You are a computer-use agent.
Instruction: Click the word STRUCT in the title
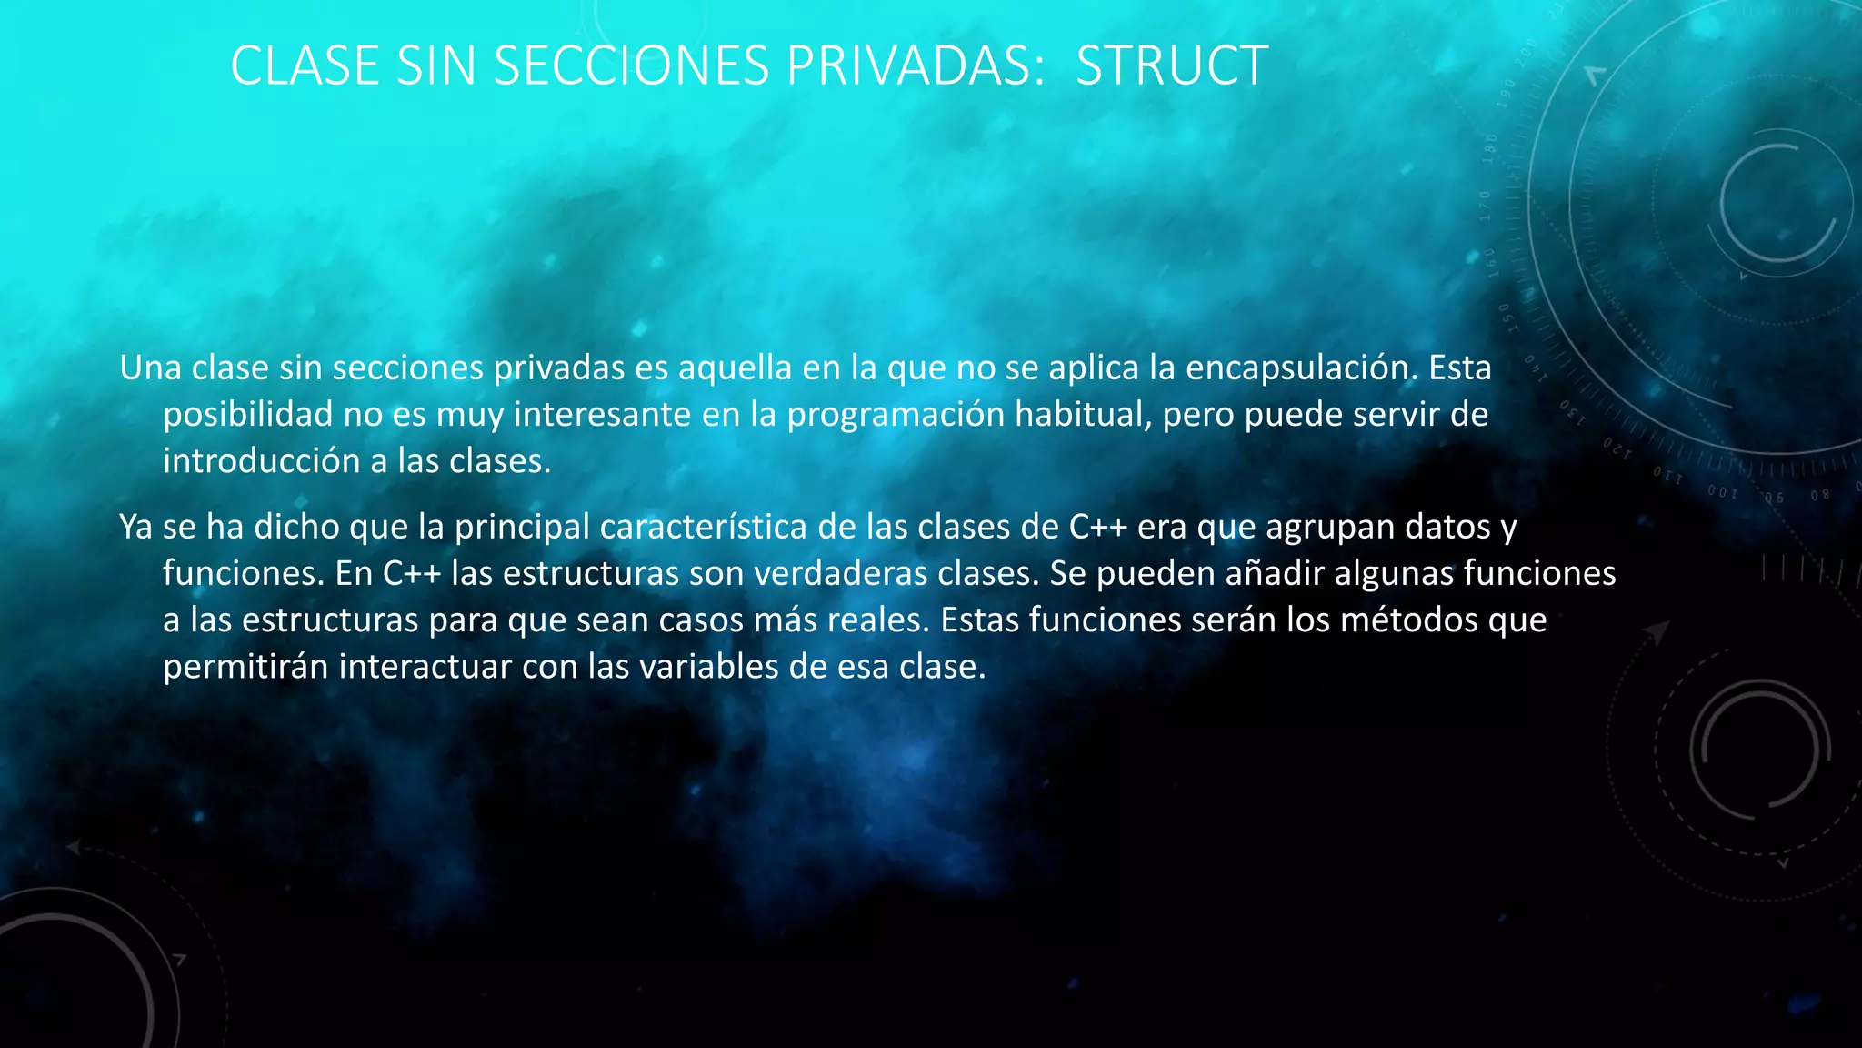pyautogui.click(x=1171, y=65)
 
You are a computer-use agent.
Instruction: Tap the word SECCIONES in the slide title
pyautogui.click(x=631, y=65)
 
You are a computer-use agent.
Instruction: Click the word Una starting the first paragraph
pyautogui.click(x=150, y=368)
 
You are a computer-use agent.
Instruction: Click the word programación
pyautogui.click(x=895, y=415)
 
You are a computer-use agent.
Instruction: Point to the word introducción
pyautogui.click(x=261, y=461)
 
